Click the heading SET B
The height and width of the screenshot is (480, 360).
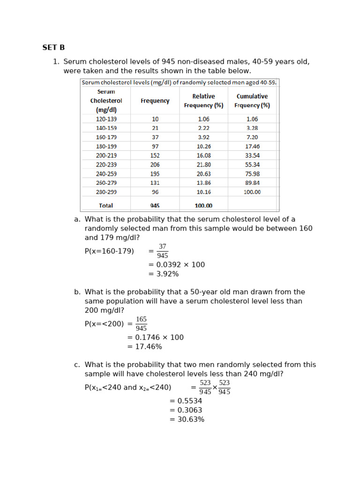(x=53, y=47)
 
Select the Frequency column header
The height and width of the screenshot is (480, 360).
(x=155, y=101)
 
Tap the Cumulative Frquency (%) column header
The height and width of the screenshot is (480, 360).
(x=252, y=101)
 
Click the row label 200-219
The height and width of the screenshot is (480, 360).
(x=106, y=156)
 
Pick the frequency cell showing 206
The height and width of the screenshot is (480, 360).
(x=155, y=165)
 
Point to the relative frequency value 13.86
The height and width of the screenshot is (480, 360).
(x=203, y=183)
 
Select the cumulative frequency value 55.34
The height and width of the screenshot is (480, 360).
(x=252, y=165)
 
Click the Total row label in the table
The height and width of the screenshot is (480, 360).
(x=106, y=205)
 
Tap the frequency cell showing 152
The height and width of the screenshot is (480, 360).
(x=155, y=156)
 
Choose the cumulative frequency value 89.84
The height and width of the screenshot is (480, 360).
(x=252, y=183)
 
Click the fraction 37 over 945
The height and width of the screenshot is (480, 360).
(x=162, y=251)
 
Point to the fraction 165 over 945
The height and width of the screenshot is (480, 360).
(x=141, y=324)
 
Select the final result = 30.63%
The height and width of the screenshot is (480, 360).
(x=187, y=420)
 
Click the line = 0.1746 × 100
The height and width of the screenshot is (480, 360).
(x=155, y=337)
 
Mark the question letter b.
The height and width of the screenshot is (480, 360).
(x=77, y=292)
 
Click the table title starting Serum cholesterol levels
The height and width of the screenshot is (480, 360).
(x=179, y=82)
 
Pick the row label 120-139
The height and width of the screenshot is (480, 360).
(x=106, y=119)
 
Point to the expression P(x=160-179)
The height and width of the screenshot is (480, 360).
(x=109, y=251)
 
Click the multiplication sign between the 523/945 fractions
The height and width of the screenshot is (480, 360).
(x=215, y=388)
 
